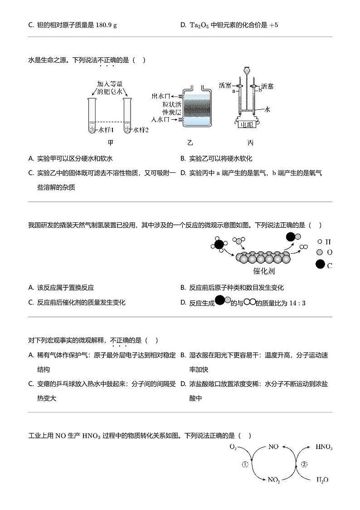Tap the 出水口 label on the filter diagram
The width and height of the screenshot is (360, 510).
[x=161, y=96]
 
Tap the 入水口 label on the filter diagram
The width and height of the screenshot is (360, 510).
[x=161, y=119]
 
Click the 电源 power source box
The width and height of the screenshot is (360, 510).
[x=247, y=123]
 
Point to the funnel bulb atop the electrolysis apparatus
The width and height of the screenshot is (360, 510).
[x=247, y=70]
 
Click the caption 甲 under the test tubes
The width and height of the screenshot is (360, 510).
[x=111, y=143]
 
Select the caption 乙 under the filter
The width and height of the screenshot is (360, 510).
[x=190, y=143]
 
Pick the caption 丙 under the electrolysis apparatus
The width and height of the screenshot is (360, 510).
[x=250, y=143]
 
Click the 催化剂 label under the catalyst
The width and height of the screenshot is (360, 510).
[x=264, y=271]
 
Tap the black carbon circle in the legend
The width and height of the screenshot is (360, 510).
[x=320, y=265]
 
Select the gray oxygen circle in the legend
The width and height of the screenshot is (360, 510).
[x=320, y=252]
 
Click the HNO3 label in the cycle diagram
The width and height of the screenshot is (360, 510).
[x=324, y=447]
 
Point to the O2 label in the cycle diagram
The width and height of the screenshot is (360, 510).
[x=234, y=447]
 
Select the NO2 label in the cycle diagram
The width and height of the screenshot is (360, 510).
[x=274, y=479]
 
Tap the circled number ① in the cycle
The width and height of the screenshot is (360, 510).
[x=245, y=464]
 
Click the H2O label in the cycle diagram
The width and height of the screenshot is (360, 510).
[x=322, y=480]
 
